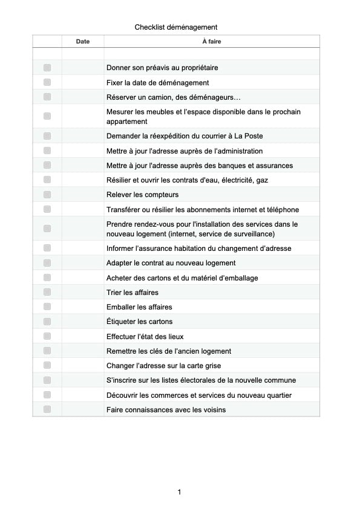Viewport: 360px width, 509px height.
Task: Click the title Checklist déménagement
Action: (175, 27)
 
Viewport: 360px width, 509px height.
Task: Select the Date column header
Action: (83, 42)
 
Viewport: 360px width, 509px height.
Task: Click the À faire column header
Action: (211, 42)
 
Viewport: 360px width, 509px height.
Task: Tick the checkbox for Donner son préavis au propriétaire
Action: (47, 68)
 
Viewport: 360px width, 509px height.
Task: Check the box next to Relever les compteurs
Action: (47, 195)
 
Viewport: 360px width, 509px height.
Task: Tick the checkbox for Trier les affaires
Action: (47, 293)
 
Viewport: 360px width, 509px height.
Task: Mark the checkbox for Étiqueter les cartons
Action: (47, 322)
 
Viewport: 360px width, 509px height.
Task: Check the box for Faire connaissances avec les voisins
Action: (47, 410)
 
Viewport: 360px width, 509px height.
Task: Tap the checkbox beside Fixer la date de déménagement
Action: (47, 82)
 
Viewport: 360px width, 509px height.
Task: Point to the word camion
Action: (164, 97)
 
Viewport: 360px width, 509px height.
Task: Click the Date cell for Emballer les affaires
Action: (83, 307)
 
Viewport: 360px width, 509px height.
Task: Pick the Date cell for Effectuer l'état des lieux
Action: (83, 336)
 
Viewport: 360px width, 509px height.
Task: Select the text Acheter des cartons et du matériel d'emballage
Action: (182, 278)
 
